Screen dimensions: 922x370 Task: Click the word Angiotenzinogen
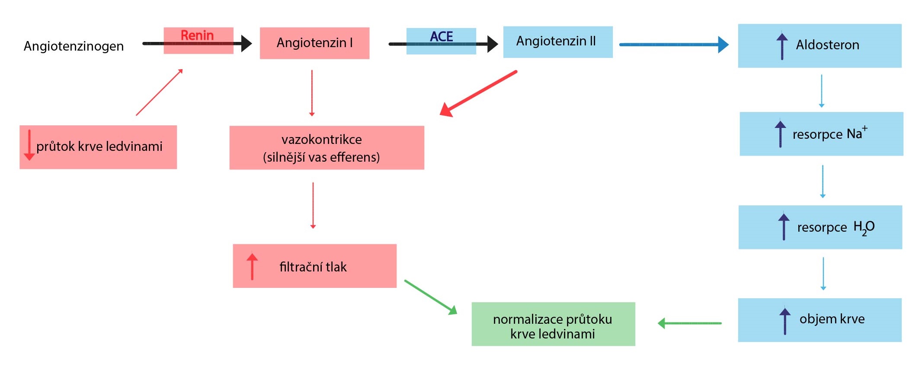[74, 46]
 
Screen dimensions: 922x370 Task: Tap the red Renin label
[197, 35]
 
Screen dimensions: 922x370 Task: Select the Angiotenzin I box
[314, 43]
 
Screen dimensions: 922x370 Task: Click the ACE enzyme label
[442, 36]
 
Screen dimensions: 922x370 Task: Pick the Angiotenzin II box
[558, 42]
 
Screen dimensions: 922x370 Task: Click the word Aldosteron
[827, 45]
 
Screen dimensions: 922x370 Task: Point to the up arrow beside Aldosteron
[782, 46]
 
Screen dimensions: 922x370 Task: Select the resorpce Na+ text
[830, 133]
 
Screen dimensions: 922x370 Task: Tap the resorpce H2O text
[836, 227]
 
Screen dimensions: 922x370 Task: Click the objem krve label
[832, 319]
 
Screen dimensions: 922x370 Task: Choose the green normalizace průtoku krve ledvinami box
[553, 324]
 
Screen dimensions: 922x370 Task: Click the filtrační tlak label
[313, 267]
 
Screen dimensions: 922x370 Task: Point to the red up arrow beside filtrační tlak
[252, 266]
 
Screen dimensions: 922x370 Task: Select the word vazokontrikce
[322, 140]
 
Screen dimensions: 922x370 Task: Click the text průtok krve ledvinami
[99, 147]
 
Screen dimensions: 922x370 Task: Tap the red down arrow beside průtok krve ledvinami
[29, 145]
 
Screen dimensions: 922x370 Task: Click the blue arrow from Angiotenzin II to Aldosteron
[674, 45]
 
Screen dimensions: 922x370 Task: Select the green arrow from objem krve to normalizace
[689, 323]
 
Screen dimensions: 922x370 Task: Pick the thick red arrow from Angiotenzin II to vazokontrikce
[478, 93]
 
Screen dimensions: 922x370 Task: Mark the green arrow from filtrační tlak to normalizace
[431, 297]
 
